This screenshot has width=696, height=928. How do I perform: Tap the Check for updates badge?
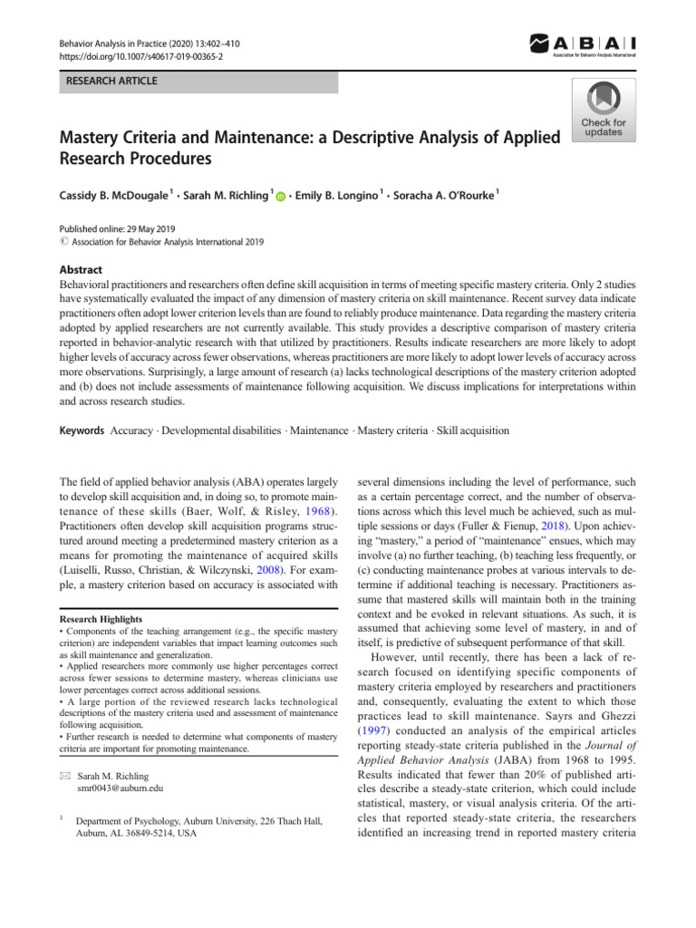point(603,110)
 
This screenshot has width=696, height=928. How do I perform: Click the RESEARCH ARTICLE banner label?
point(110,82)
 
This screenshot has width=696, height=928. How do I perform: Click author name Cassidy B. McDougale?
point(116,195)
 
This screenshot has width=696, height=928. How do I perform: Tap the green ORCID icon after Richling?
point(279,197)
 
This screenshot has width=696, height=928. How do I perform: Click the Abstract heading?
point(80,270)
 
